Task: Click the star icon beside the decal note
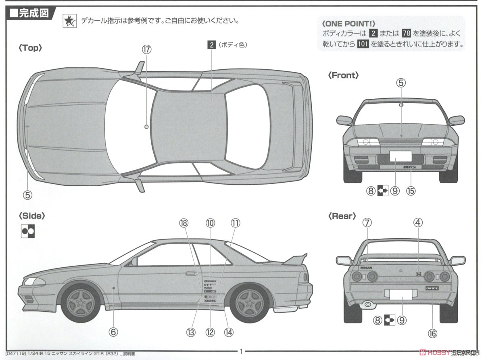[x=69, y=21]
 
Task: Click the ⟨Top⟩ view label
[x=31, y=48]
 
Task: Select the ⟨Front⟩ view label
[x=343, y=75]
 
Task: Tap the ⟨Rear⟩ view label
[x=342, y=216]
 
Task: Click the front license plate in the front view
[x=401, y=156]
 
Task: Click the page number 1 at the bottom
[x=241, y=351]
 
